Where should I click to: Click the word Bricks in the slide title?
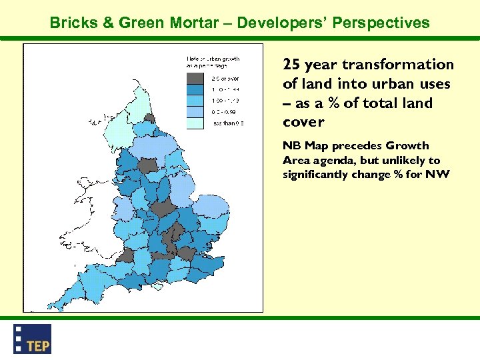point(72,23)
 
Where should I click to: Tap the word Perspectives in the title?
point(383,23)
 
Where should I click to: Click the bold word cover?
point(303,122)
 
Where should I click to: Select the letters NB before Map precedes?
point(292,146)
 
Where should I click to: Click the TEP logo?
point(32,339)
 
